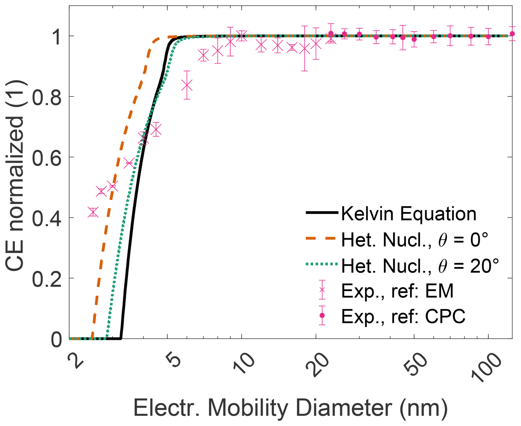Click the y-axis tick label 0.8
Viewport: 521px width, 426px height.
coord(47,97)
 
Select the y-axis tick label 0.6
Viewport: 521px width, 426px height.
coord(47,158)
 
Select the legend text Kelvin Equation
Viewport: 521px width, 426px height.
coord(409,214)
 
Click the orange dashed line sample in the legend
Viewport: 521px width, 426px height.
coord(321,238)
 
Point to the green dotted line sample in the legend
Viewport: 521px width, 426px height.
coord(321,264)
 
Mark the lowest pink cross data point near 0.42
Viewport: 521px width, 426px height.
coord(93,212)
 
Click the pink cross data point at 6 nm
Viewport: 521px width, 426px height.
coord(187,85)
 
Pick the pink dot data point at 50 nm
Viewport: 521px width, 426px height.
coord(414,39)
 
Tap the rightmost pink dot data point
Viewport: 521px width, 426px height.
coord(512,34)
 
